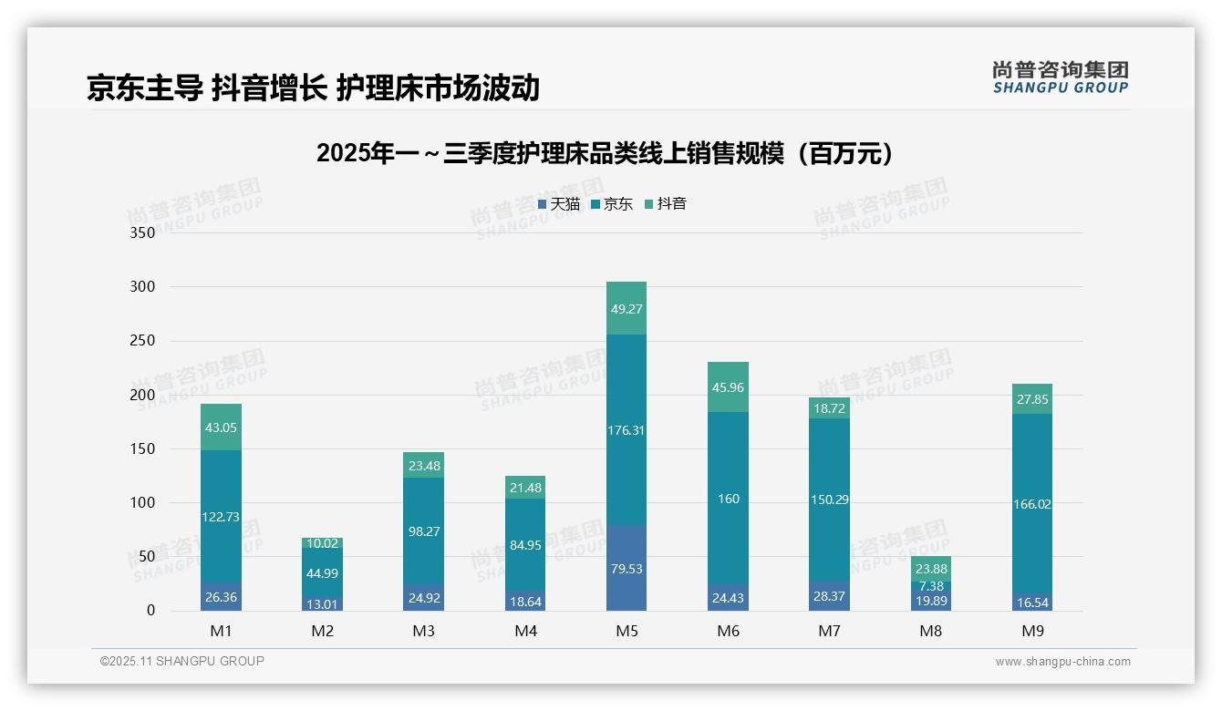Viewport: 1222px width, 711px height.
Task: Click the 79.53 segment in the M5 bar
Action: [x=626, y=569]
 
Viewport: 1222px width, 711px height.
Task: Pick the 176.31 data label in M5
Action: [x=626, y=430]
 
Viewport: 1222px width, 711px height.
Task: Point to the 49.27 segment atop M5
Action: [x=626, y=309]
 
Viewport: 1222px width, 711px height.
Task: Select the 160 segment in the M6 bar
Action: [x=728, y=499]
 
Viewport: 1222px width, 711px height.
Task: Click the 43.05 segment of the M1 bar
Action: [x=221, y=428]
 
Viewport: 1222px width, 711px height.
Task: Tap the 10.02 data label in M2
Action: [x=323, y=543]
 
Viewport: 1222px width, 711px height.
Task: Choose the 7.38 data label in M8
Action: [x=931, y=585]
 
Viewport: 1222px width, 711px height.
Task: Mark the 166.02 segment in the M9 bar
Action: [x=1031, y=504]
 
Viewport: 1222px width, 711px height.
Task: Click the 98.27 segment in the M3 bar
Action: [x=424, y=531]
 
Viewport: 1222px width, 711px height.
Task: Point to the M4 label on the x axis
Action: [x=525, y=631]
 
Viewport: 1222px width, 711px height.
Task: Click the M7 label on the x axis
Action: [x=829, y=631]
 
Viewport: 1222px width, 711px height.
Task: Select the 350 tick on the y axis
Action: [x=143, y=232]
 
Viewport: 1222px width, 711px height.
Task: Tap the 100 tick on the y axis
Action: [x=143, y=502]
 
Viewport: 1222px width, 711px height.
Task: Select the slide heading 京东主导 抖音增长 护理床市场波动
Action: [x=313, y=88]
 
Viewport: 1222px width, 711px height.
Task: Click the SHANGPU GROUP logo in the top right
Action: [x=1060, y=77]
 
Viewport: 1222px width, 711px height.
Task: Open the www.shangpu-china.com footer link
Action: [x=1062, y=662]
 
